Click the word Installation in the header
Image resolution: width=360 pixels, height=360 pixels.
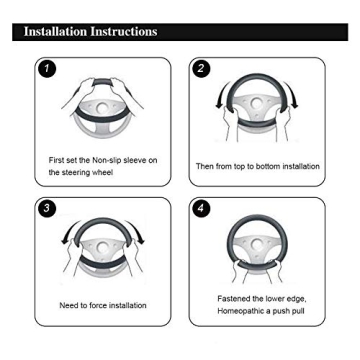[x=55, y=32]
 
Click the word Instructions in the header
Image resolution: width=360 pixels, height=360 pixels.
[x=124, y=32]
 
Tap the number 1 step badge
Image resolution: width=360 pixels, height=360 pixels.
[x=47, y=69]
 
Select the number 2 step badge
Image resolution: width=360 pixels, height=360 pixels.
[x=201, y=69]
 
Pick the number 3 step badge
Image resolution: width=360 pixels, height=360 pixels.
[x=47, y=209]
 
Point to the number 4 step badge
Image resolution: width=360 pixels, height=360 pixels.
[x=201, y=209]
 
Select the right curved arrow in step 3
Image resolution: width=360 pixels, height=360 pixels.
[x=136, y=231]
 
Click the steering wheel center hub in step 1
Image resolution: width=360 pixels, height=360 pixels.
[x=102, y=108]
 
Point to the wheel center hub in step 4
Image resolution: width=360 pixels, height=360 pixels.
[x=257, y=245]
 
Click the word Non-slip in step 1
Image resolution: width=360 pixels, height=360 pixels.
[x=107, y=160]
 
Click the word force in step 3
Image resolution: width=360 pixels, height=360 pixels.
[x=99, y=305]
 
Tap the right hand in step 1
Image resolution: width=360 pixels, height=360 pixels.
[x=122, y=91]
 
